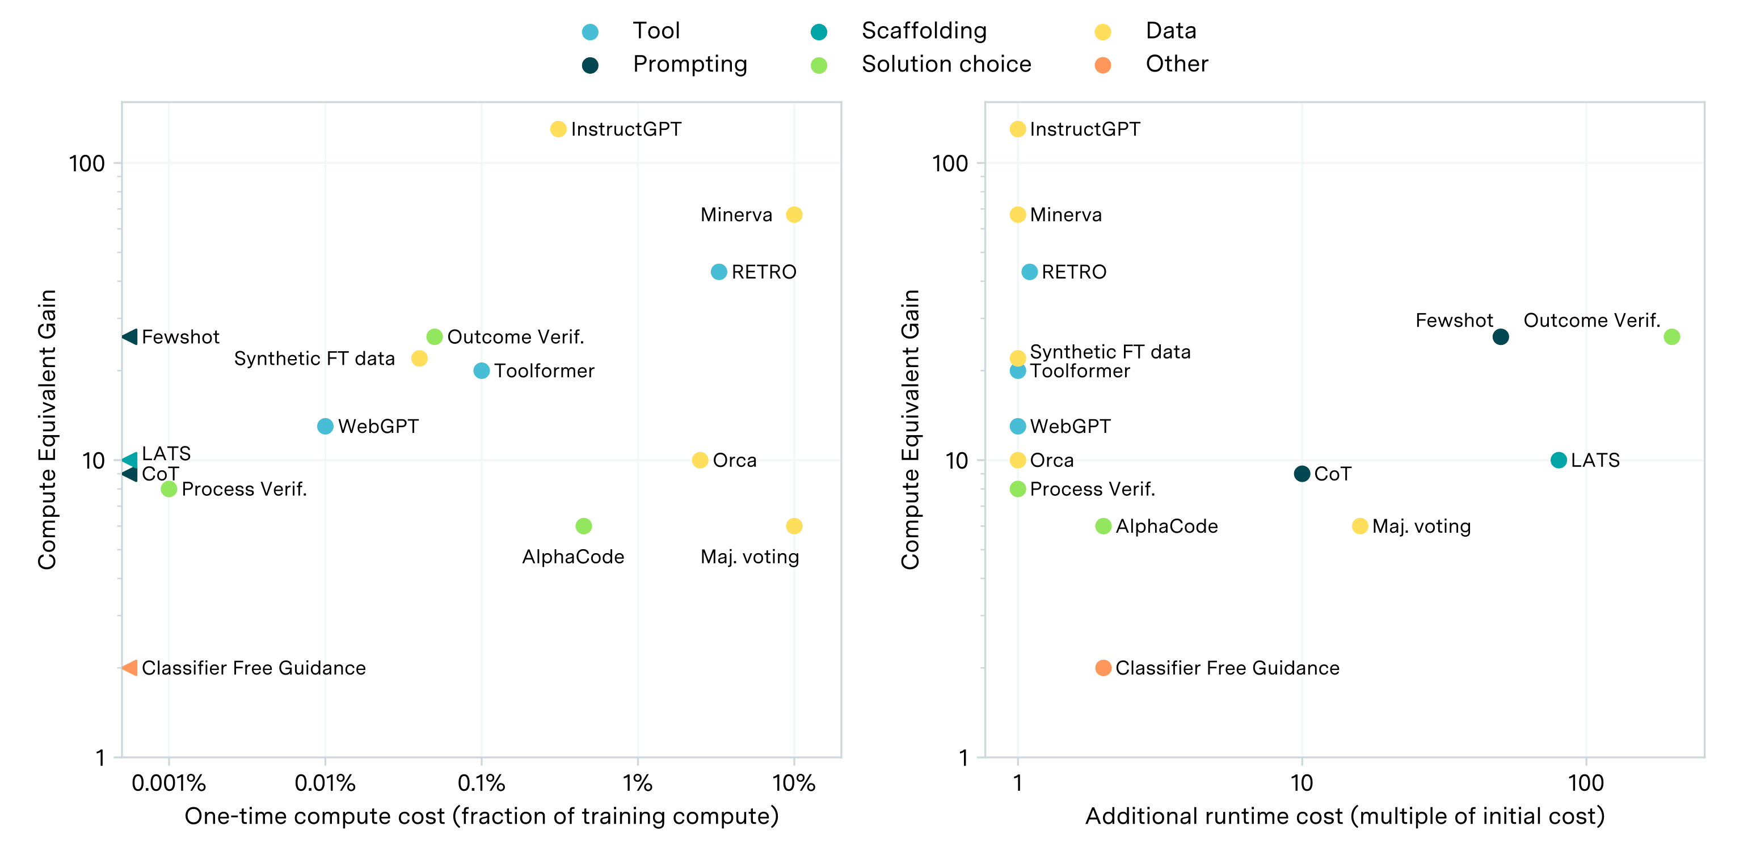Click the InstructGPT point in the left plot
pos(558,129)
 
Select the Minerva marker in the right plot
pos(1017,215)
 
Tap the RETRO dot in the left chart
pos(719,272)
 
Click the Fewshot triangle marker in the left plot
pos(130,337)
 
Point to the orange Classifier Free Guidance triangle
pos(130,668)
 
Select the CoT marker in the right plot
pos(1302,474)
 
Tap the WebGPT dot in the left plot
pos(325,427)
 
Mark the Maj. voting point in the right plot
pos(1359,526)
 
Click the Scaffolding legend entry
pos(924,31)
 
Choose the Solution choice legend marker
pos(819,65)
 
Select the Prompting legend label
pos(690,64)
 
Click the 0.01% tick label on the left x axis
pos(325,783)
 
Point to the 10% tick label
pos(794,783)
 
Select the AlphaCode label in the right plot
pos(1166,526)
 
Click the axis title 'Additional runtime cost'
pos(1345,816)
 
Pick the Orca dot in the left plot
pos(700,461)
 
